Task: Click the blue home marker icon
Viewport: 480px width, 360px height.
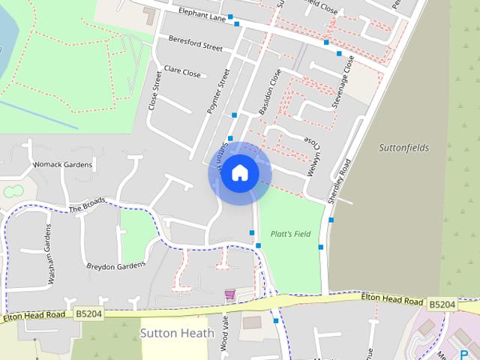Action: click(x=239, y=172)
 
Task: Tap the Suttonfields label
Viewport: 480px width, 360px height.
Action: click(x=403, y=148)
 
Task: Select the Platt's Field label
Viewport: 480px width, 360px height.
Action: click(x=290, y=234)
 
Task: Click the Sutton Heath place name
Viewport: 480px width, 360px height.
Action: click(x=177, y=332)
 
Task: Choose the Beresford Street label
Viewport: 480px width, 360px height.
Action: click(x=196, y=43)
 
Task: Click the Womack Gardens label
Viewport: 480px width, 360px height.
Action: click(x=62, y=164)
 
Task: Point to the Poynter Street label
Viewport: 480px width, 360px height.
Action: click(x=219, y=91)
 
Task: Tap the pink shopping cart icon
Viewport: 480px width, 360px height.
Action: click(x=229, y=293)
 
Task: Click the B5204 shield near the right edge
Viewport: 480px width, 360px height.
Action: click(x=442, y=304)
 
